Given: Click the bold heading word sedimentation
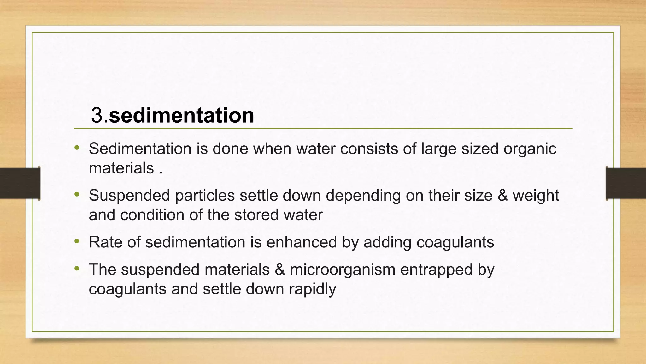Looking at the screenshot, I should (x=181, y=115).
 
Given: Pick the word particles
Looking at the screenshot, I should (x=205, y=195).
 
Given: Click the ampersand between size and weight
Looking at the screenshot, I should (x=502, y=195).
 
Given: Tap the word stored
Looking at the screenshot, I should (x=256, y=215).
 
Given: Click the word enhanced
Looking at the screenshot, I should (x=302, y=242).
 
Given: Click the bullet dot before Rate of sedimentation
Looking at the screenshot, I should (x=77, y=242).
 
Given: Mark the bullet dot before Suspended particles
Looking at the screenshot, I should (x=77, y=195).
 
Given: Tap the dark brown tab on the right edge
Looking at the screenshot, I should (x=626, y=183).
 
